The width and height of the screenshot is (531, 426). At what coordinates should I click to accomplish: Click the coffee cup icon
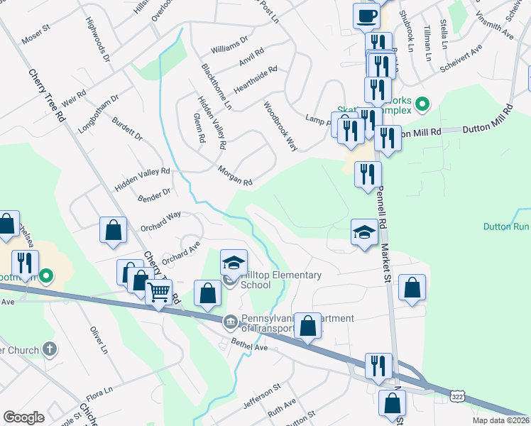click(366, 16)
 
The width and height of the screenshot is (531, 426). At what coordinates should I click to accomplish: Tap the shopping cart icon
click(159, 292)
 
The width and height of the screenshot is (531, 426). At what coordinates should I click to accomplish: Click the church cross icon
click(49, 349)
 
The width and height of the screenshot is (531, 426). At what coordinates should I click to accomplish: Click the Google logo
click(23, 417)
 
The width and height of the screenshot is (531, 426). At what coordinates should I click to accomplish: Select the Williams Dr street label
click(229, 45)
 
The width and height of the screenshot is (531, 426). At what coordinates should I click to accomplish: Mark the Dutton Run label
click(505, 227)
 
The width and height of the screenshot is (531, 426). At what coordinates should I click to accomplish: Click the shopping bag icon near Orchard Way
click(113, 230)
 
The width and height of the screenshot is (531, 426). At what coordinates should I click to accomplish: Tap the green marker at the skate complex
click(422, 105)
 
